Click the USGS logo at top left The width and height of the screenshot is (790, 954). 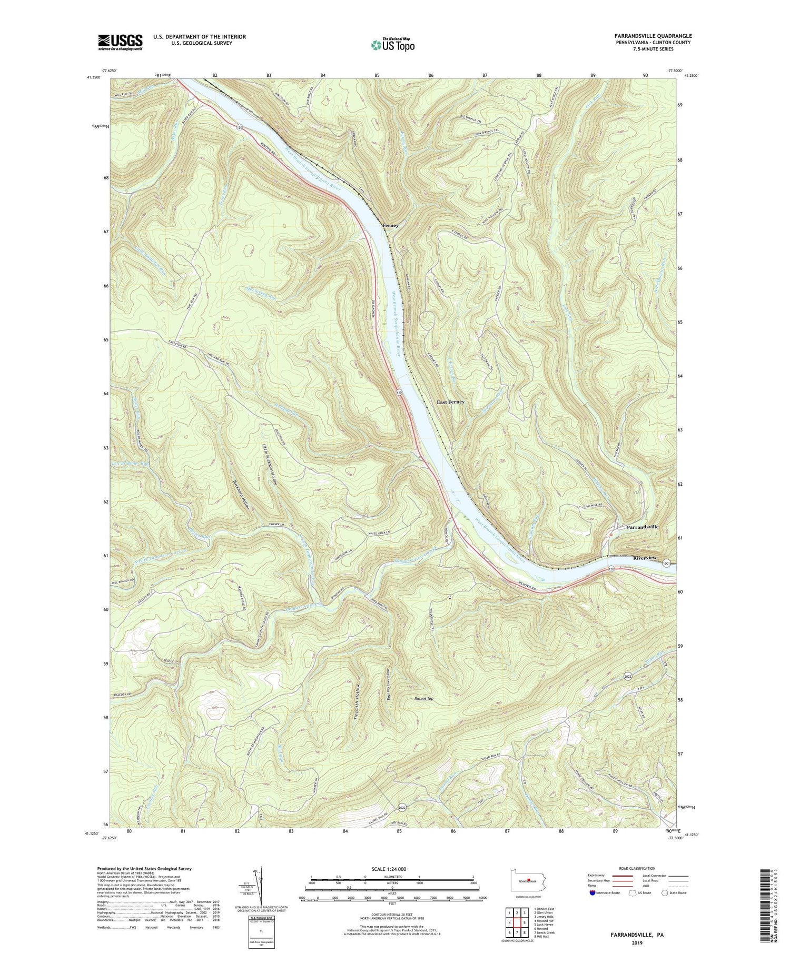tap(120, 42)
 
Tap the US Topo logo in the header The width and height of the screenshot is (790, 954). tap(392, 45)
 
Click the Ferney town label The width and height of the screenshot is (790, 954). tap(390, 225)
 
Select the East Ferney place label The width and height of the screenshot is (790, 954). tap(450, 402)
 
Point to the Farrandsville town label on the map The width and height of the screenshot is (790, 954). tap(642, 527)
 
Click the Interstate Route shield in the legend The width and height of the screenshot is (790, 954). tap(593, 893)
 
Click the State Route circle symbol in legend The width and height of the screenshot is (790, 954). tap(665, 893)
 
